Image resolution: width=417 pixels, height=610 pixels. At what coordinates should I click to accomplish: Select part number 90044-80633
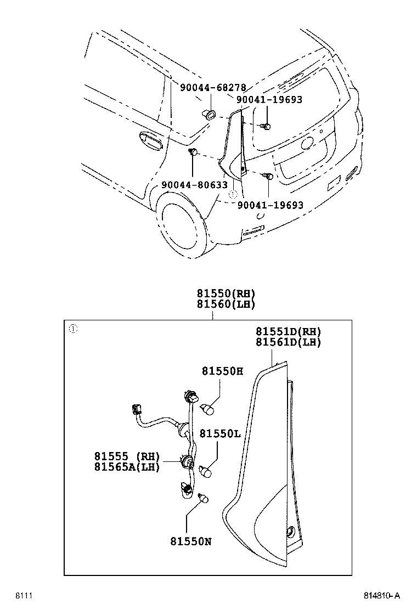pyautogui.click(x=194, y=185)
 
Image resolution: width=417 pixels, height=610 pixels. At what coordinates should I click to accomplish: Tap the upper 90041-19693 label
pyautogui.click(x=269, y=100)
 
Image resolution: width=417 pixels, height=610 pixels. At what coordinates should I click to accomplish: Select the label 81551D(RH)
pyautogui.click(x=288, y=331)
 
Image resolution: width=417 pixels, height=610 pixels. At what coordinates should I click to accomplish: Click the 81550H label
pyautogui.click(x=222, y=371)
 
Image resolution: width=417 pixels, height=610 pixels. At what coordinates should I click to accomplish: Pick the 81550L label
pyautogui.click(x=219, y=433)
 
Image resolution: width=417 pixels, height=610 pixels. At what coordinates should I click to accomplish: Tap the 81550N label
pyautogui.click(x=191, y=541)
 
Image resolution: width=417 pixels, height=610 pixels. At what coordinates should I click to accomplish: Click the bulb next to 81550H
pyautogui.click(x=208, y=409)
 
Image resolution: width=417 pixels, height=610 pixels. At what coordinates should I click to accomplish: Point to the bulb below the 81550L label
pyautogui.click(x=206, y=471)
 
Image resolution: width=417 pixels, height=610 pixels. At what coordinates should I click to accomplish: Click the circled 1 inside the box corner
pyautogui.click(x=73, y=329)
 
